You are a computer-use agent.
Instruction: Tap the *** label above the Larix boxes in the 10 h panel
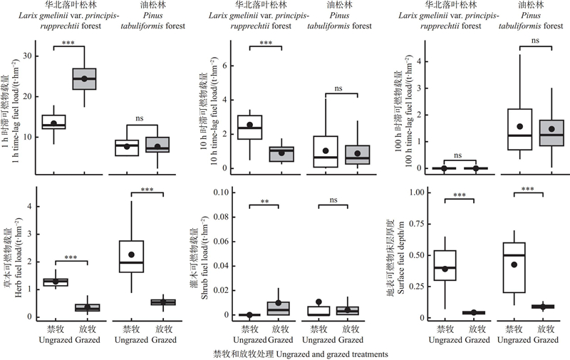pyautogui.click(x=266, y=43)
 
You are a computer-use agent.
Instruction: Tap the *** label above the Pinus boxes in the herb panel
pyautogui.click(x=147, y=190)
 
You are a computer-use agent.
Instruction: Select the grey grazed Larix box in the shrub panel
pyautogui.click(x=282, y=308)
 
